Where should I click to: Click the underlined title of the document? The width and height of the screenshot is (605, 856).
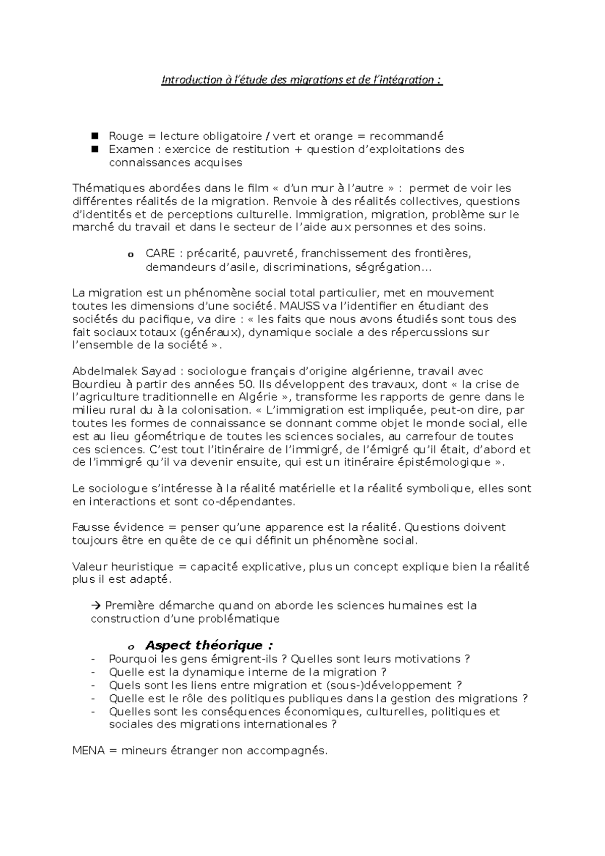pos(301,80)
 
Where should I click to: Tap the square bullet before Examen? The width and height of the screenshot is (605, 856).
pos(94,149)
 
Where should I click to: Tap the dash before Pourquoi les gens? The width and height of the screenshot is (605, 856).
pos(93,659)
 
